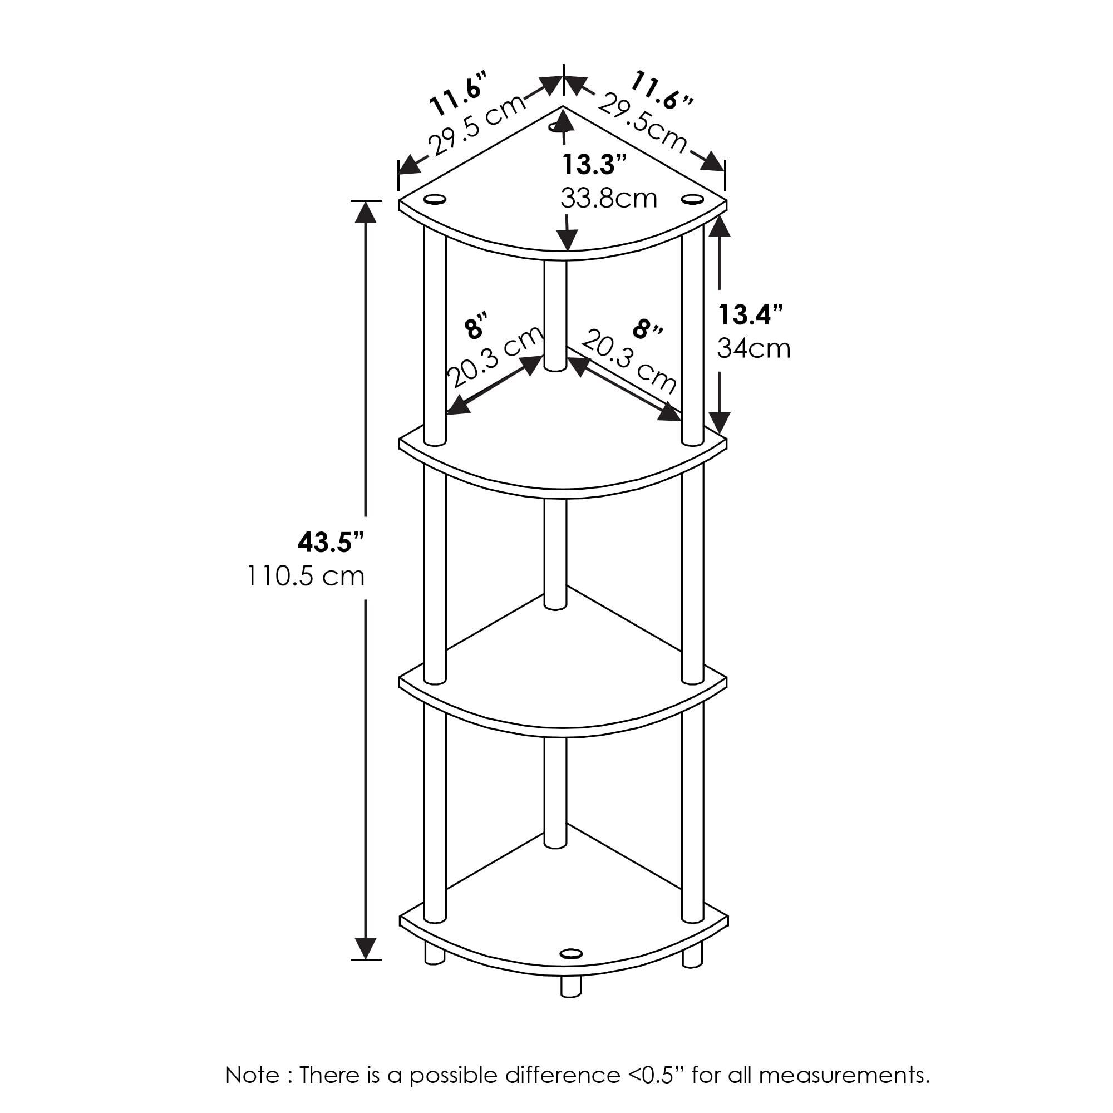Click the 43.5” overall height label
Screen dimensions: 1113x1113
[331, 542]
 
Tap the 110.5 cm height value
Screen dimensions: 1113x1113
[306, 575]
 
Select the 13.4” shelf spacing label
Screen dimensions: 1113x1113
[751, 314]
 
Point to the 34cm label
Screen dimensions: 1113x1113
[754, 348]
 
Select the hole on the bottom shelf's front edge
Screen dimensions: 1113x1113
[571, 953]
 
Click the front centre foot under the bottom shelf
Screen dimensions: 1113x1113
[571, 987]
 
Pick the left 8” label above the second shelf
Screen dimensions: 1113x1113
[476, 328]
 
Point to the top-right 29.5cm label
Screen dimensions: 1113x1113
[642, 125]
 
